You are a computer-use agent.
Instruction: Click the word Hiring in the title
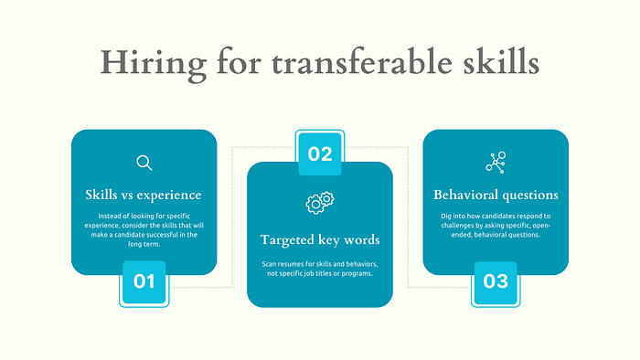(154, 64)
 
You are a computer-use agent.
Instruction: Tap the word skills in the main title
(501, 62)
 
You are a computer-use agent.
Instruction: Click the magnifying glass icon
(144, 163)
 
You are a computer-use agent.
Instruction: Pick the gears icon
(320, 203)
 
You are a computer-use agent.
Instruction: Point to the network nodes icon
(496, 163)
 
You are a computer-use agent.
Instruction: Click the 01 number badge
(144, 281)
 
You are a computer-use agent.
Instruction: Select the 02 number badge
(320, 154)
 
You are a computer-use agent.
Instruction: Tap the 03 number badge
(496, 281)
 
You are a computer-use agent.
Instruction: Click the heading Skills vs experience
(144, 195)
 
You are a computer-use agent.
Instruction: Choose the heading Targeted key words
(320, 239)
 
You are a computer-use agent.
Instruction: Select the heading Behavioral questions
(496, 195)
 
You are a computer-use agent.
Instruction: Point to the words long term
(144, 244)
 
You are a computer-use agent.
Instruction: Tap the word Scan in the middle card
(269, 264)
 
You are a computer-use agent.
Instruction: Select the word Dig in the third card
(446, 216)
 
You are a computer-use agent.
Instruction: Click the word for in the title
(239, 62)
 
